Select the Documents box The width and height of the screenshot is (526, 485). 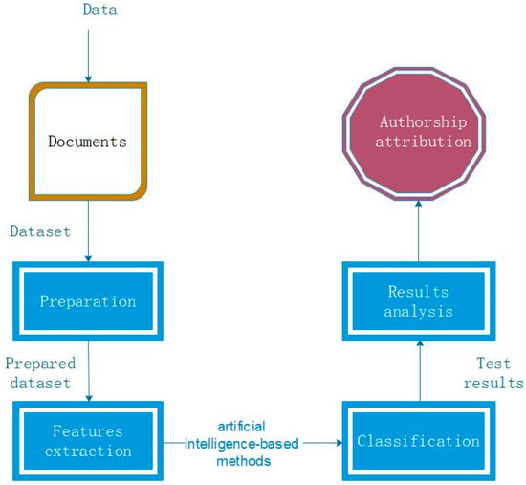(x=88, y=142)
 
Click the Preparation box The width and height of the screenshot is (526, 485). (x=88, y=301)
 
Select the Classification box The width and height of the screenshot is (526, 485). (x=417, y=441)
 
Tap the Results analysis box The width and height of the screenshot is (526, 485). (x=417, y=301)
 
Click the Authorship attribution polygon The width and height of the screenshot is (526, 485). (x=417, y=133)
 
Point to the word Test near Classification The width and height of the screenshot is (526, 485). (x=493, y=364)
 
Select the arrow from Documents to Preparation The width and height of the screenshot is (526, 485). (x=88, y=230)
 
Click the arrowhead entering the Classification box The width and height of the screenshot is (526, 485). (x=339, y=443)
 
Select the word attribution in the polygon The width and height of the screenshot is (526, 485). (x=417, y=142)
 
